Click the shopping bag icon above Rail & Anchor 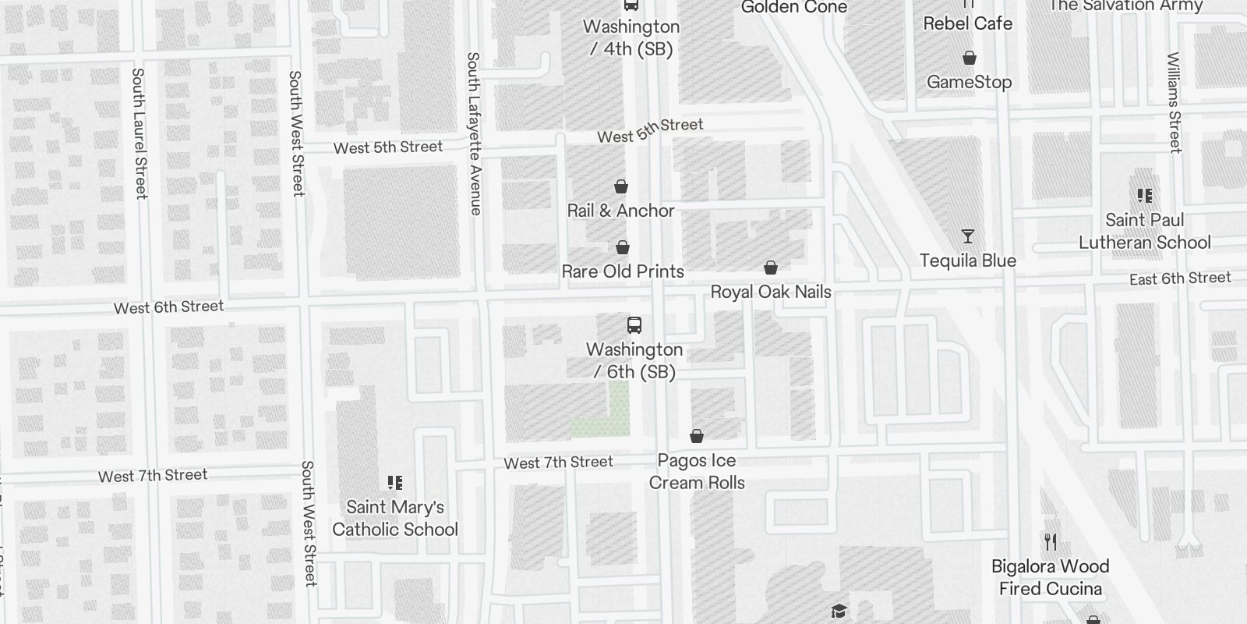click(621, 187)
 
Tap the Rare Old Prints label click(623, 271)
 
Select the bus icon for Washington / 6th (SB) click(634, 325)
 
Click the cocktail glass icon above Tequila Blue click(968, 236)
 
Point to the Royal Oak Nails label click(771, 292)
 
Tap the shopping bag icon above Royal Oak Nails click(771, 268)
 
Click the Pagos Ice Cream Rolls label click(697, 471)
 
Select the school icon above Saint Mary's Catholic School click(395, 484)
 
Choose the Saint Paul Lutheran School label click(1144, 231)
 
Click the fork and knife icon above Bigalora click(1051, 542)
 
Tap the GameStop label click(969, 82)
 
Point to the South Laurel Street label click(140, 133)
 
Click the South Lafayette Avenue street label click(474, 133)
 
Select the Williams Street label click(1174, 102)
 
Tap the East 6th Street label click(1180, 278)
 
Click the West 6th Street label click(168, 307)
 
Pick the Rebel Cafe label click(967, 23)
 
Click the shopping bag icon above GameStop click(970, 58)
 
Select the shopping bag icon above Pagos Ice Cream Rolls click(697, 436)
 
